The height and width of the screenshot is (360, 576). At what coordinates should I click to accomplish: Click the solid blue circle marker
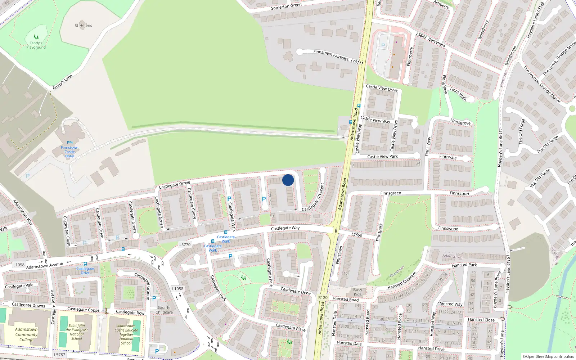(x=288, y=180)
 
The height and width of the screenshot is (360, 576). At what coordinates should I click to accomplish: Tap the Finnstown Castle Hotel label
(x=69, y=152)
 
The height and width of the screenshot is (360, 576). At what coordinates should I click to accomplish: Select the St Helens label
(x=83, y=26)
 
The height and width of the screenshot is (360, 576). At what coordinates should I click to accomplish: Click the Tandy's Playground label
(x=36, y=45)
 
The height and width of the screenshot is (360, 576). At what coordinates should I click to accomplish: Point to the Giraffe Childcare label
(x=164, y=310)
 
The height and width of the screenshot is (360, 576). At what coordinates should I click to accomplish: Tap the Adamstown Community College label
(x=26, y=334)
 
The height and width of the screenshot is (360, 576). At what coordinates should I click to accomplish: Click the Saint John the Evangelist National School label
(x=77, y=332)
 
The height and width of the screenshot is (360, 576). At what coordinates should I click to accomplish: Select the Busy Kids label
(x=357, y=292)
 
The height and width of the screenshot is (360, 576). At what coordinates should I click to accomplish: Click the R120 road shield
(x=323, y=297)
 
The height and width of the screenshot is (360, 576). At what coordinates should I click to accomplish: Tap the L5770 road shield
(x=185, y=245)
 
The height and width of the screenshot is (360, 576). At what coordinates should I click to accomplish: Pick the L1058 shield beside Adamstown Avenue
(x=19, y=265)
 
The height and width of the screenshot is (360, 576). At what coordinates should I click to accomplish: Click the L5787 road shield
(x=60, y=355)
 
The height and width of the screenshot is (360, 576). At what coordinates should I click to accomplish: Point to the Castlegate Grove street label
(x=174, y=185)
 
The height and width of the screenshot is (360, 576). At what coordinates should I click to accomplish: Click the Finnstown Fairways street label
(x=331, y=55)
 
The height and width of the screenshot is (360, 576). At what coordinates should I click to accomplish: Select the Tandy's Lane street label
(x=62, y=82)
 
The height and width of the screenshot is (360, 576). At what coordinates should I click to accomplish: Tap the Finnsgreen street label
(x=391, y=193)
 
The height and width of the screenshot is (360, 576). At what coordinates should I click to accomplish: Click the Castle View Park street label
(x=382, y=157)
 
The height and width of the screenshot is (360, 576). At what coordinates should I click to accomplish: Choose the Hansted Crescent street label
(x=402, y=280)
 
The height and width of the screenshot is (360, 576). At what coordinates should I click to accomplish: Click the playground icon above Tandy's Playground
(x=36, y=37)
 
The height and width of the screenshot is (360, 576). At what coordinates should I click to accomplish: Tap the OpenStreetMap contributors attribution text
(x=548, y=357)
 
